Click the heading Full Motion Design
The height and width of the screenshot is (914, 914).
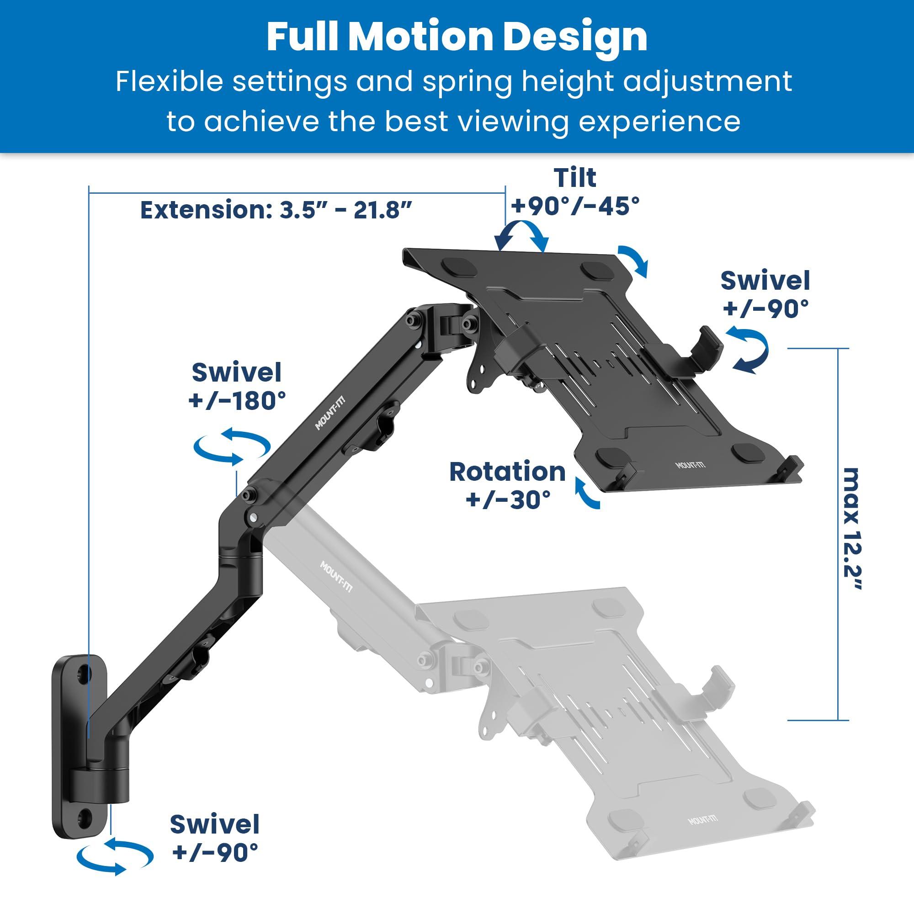point(457,37)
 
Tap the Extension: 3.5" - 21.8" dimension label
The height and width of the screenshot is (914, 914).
point(276,210)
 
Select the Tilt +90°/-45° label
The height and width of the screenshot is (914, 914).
point(575,192)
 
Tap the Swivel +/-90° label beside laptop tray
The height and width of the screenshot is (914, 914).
point(765,294)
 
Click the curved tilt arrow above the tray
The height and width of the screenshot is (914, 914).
point(522,237)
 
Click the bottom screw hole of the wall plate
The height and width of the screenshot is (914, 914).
point(85,815)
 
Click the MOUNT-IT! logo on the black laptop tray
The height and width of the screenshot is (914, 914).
point(690,465)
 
